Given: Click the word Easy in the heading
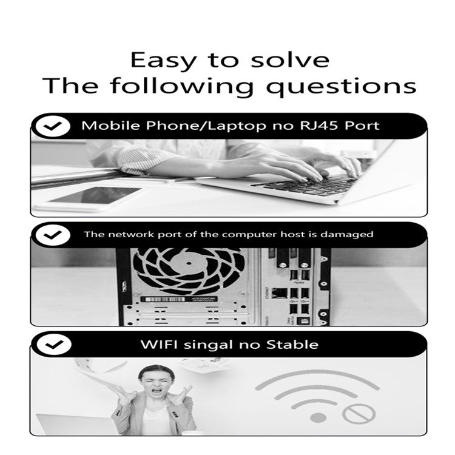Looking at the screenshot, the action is click(163, 61).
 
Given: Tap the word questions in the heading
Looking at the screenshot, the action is click(341, 87).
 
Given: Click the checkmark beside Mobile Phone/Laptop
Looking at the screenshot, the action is click(53, 126).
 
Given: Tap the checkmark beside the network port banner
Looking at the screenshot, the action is click(53, 235).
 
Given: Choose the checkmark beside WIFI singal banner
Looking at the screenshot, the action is click(54, 345).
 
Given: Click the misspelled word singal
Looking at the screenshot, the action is click(209, 345).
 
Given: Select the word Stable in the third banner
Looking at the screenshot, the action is click(292, 345).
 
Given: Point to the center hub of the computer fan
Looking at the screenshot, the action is click(189, 263).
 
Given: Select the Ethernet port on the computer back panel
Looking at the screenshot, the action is click(280, 293).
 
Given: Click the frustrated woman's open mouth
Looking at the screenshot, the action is click(157, 390).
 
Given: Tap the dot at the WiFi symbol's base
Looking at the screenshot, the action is click(318, 418).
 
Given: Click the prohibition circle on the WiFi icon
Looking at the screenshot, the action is click(359, 414).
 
